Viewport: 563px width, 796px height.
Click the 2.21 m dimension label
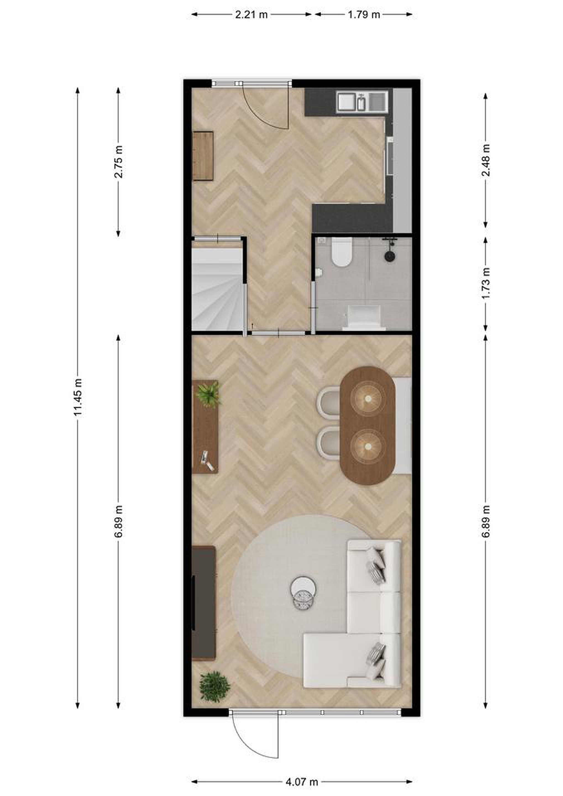(x=251, y=15)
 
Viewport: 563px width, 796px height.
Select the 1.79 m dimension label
(x=364, y=15)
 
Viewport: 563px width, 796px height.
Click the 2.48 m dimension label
(x=486, y=160)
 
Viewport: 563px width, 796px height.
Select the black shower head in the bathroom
(x=390, y=256)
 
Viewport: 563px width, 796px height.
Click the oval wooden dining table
(x=368, y=426)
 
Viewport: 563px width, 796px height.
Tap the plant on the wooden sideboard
(x=208, y=394)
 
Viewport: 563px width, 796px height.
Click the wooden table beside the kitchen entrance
(x=203, y=156)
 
